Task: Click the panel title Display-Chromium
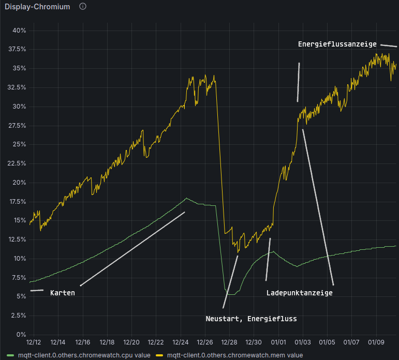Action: [37, 7]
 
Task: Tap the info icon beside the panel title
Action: [83, 7]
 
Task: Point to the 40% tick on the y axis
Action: [19, 31]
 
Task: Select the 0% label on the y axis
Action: [21, 334]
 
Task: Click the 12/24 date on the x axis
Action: [181, 342]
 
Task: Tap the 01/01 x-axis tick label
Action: [279, 342]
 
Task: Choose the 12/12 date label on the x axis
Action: [34, 342]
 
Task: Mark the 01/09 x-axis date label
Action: [377, 342]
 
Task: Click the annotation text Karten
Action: [63, 293]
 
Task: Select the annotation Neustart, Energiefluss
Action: [251, 319]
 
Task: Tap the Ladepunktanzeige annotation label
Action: [299, 293]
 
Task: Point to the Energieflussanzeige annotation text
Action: [337, 44]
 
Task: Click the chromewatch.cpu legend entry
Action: [84, 355]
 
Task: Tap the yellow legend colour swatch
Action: [160, 355]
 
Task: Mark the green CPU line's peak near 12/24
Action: [186, 198]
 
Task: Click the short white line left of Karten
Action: [37, 290]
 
